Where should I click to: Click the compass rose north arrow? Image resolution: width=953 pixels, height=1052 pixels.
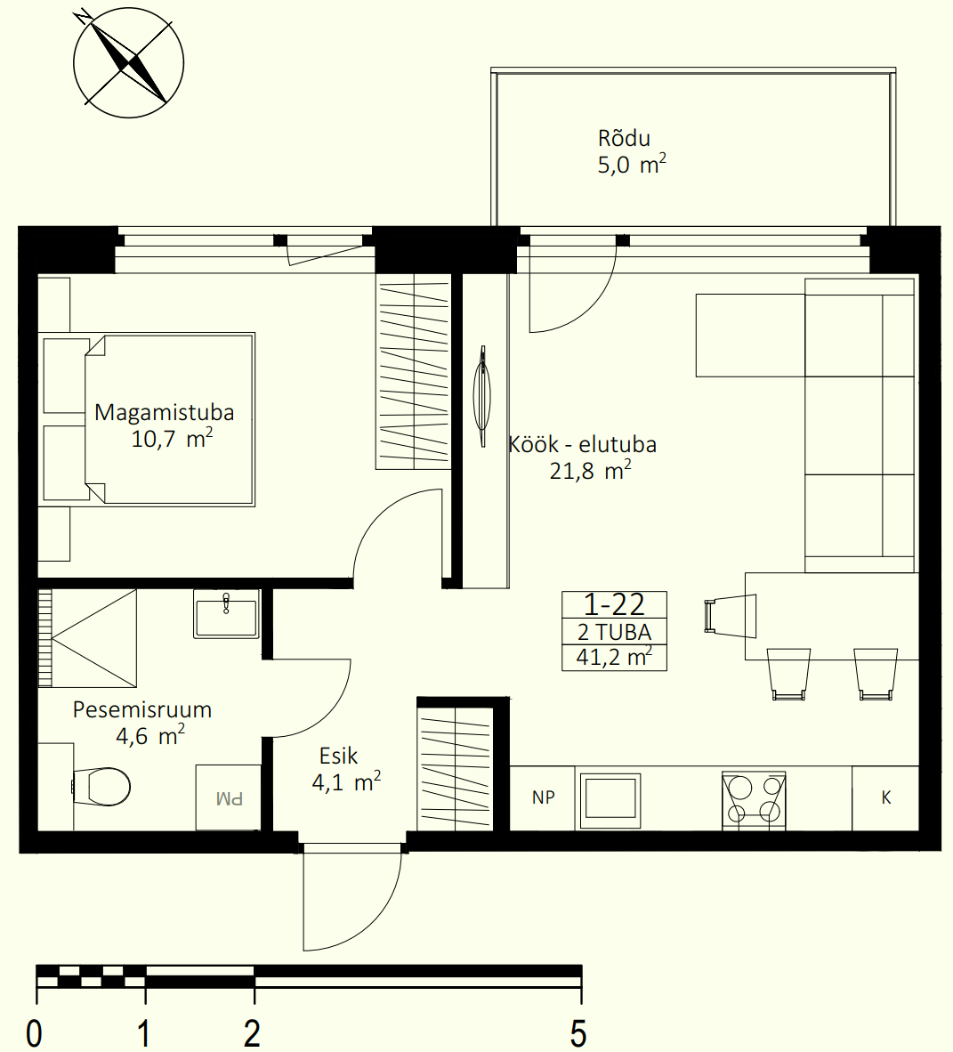point(128,64)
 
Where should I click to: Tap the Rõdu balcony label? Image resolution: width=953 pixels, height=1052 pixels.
point(624,138)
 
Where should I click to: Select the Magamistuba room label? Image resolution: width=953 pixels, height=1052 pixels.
point(165,412)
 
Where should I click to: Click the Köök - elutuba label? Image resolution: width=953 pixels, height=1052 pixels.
point(582,444)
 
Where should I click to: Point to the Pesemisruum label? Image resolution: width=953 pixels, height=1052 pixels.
point(142,709)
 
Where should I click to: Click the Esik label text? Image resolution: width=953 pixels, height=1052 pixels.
point(339,757)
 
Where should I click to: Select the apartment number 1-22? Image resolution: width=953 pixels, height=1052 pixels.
point(614,605)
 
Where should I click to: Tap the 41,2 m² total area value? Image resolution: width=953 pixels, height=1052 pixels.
point(614,657)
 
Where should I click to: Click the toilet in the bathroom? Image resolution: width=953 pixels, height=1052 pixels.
point(101,786)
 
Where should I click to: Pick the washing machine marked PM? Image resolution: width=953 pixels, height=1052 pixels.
point(228,797)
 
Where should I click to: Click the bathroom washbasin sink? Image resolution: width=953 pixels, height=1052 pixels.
point(226,614)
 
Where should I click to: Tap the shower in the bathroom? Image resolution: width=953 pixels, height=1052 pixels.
point(87,638)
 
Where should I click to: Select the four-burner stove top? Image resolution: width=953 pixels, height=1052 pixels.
point(754,800)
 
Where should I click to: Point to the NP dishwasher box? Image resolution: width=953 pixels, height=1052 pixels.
point(543,797)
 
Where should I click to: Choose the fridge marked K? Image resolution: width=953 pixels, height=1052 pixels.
point(886,797)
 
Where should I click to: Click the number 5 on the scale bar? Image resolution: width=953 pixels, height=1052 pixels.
point(578,1033)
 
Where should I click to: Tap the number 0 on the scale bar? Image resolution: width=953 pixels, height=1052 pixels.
point(34,1033)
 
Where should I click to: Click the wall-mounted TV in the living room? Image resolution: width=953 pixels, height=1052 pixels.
point(482,396)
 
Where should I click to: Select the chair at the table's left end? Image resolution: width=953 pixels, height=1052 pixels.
point(730,616)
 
